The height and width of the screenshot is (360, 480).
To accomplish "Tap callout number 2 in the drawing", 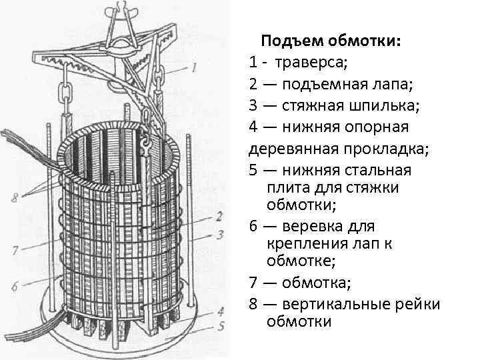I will [218, 216].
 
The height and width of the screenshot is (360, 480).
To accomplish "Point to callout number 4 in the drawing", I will [220, 311].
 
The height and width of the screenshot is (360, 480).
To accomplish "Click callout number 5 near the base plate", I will [220, 326].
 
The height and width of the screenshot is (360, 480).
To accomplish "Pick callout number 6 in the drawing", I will [14, 287].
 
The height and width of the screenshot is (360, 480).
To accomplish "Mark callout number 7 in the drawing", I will [14, 251].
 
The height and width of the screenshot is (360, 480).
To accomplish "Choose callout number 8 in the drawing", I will [13, 198].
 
